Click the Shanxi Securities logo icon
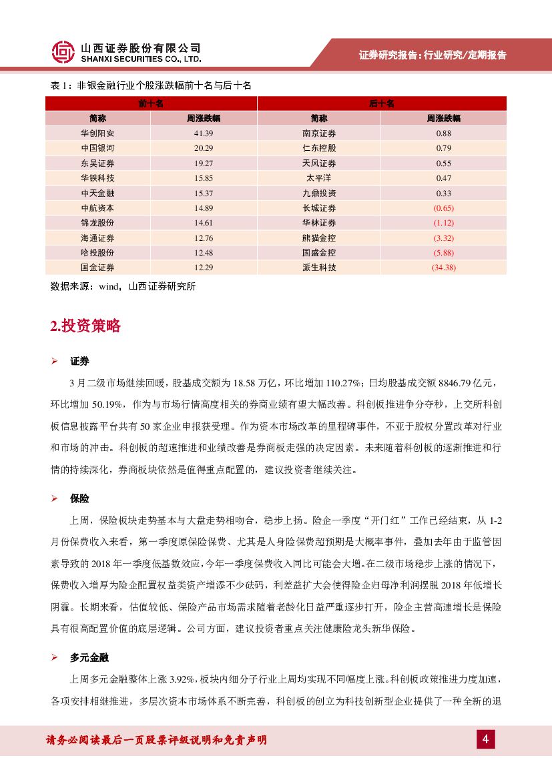tap(63, 52)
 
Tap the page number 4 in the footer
tap(486, 739)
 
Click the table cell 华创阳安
tap(97, 133)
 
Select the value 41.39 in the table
tap(204, 133)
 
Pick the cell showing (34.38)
tap(444, 268)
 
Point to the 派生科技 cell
tap(319, 268)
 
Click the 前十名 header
tap(151, 103)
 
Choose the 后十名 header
tap(382, 103)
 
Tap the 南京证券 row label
tap(319, 133)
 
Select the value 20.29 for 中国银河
tap(204, 148)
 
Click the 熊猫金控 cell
tap(319, 238)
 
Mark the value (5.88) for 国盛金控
tap(444, 253)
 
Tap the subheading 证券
tap(79, 361)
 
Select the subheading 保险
tap(79, 498)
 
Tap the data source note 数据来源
tap(123, 286)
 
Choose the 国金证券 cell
tap(97, 268)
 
